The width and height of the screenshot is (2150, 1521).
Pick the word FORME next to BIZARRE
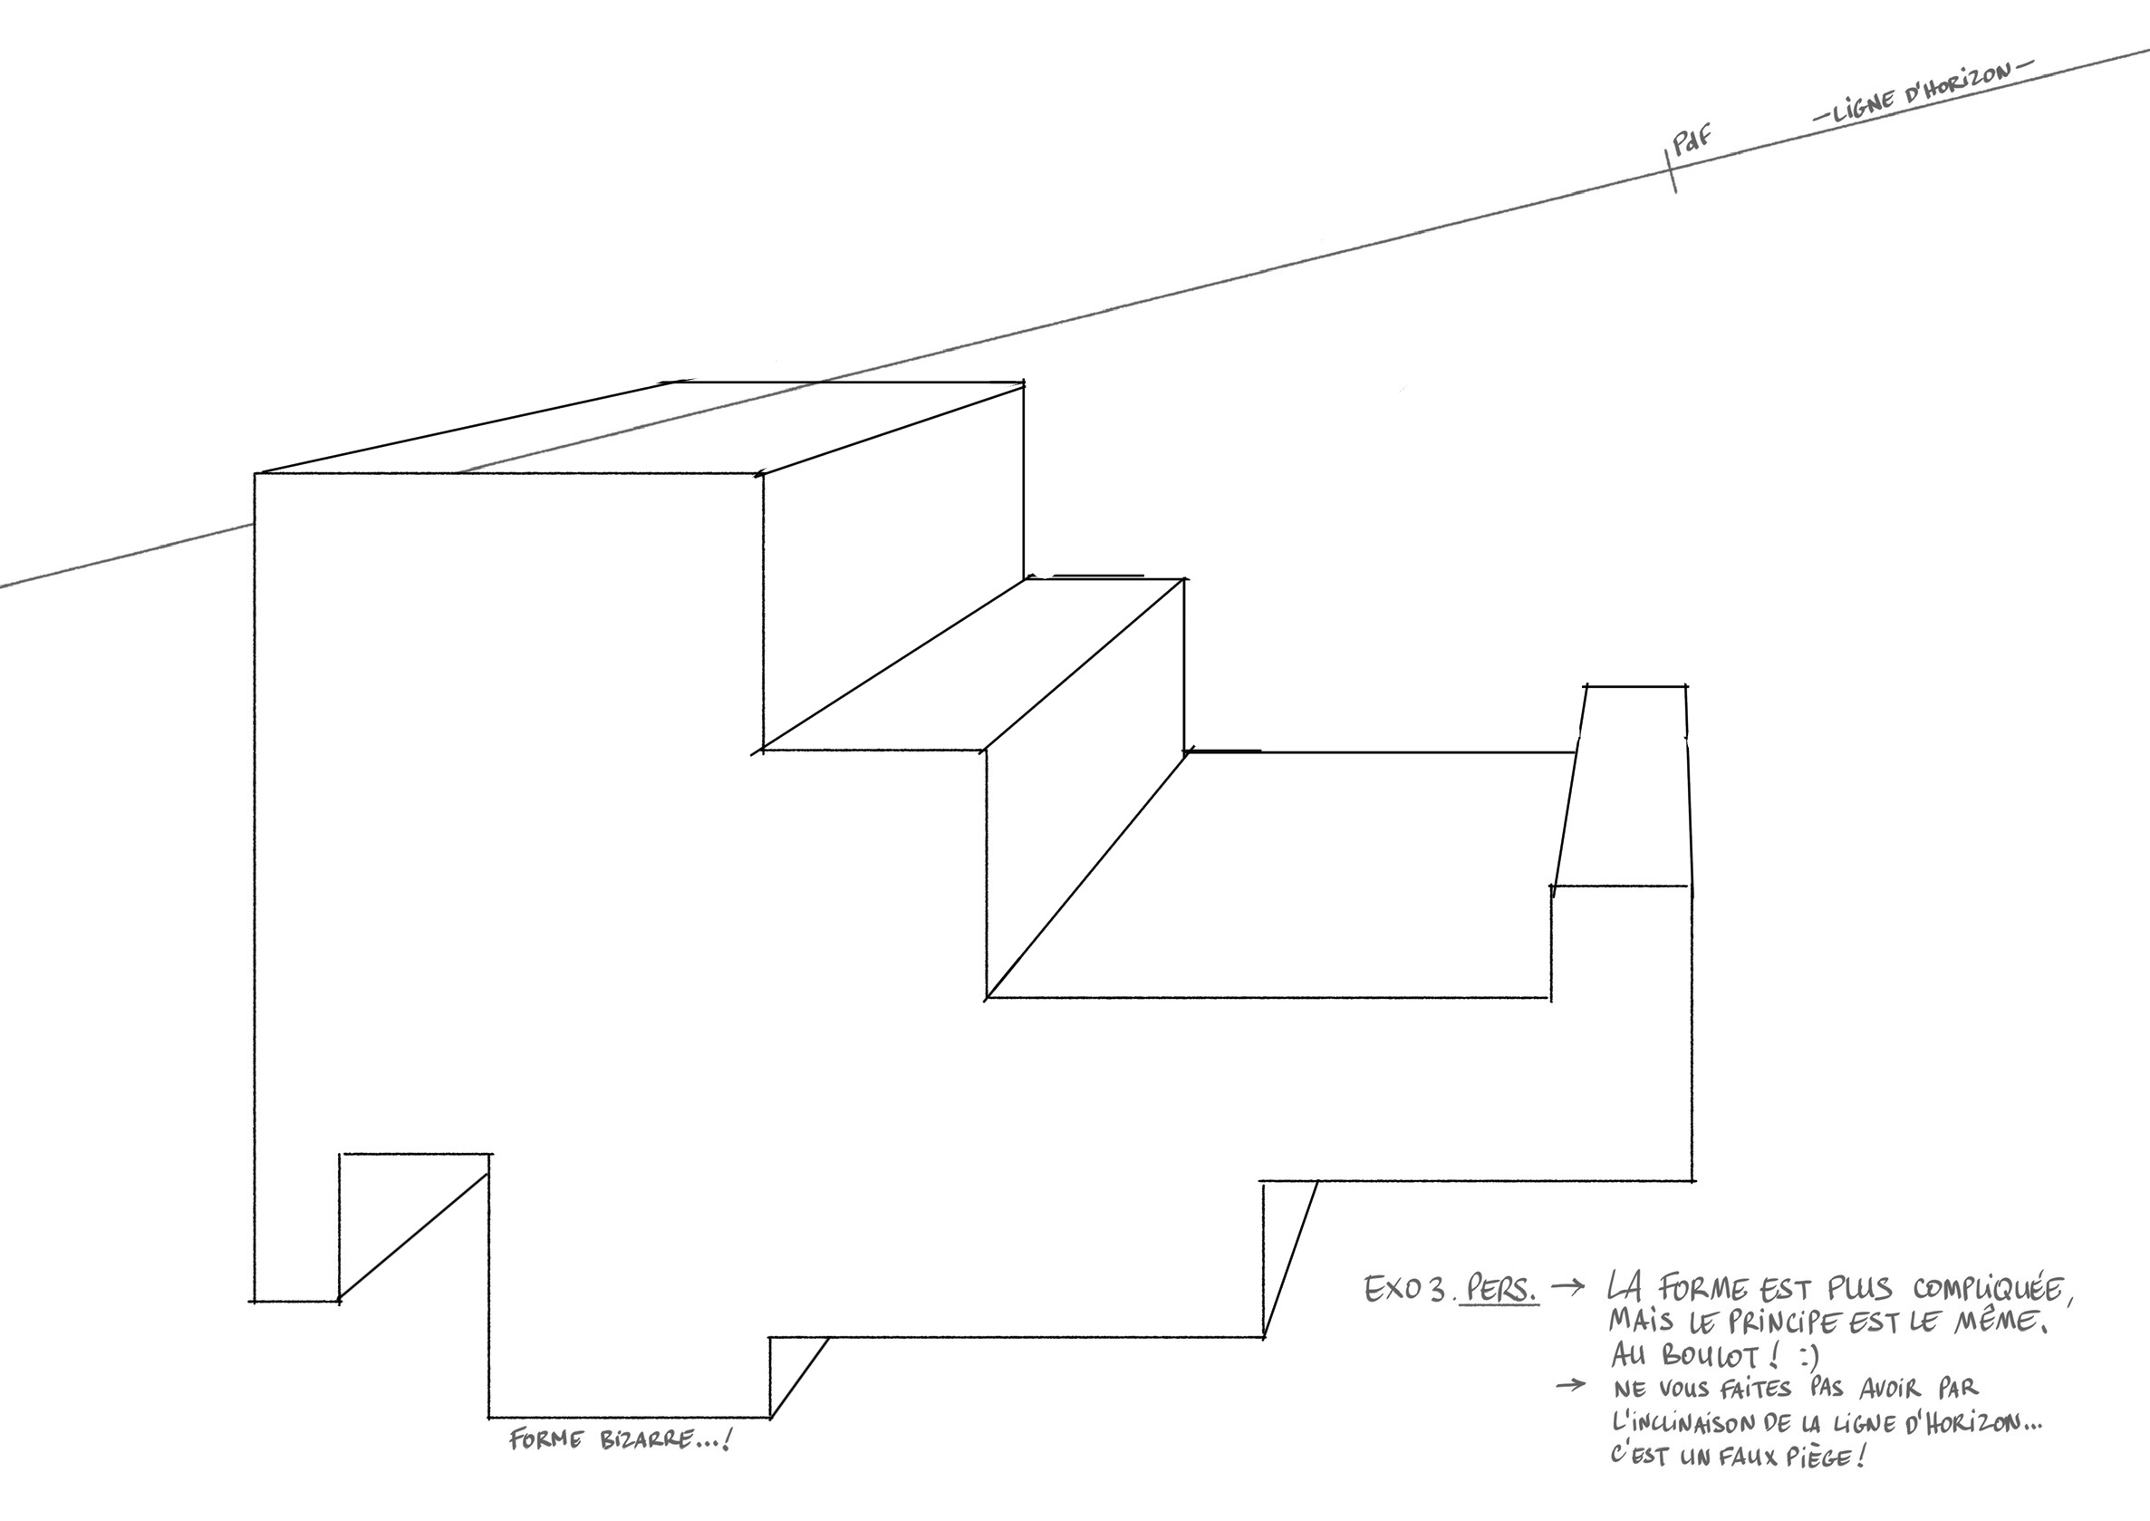coord(547,1439)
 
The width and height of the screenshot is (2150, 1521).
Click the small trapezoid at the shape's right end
coord(1622,786)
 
